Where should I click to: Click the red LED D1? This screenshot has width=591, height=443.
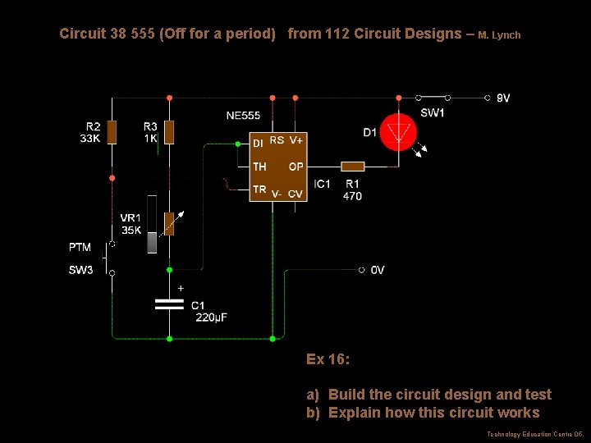pyautogui.click(x=398, y=132)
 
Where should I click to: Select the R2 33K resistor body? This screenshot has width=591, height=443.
pyautogui.click(x=112, y=132)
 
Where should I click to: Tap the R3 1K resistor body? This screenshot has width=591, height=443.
pyautogui.click(x=169, y=132)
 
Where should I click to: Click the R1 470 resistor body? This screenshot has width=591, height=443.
pyautogui.click(x=353, y=167)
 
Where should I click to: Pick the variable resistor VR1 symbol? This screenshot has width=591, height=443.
pyautogui.click(x=170, y=224)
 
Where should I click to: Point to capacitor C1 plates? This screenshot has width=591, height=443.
pyautogui.click(x=169, y=304)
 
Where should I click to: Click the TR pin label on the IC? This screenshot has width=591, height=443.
pyautogui.click(x=259, y=190)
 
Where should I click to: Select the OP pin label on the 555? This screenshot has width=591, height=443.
pyautogui.click(x=295, y=167)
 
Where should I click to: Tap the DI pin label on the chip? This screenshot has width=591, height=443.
pyautogui.click(x=258, y=144)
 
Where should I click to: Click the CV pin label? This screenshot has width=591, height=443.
pyautogui.click(x=295, y=194)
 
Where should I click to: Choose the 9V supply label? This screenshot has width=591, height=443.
pyautogui.click(x=503, y=98)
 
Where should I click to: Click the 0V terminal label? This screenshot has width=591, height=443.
pyautogui.click(x=378, y=270)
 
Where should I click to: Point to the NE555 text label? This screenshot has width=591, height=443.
pyautogui.click(x=243, y=116)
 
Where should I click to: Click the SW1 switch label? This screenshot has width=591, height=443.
pyautogui.click(x=433, y=112)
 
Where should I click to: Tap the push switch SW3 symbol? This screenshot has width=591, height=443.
pyautogui.click(x=108, y=258)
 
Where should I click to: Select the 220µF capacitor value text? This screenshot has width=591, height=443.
pyautogui.click(x=212, y=317)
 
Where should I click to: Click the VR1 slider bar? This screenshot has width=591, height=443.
pyautogui.click(x=152, y=225)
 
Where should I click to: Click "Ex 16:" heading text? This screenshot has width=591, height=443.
pyautogui.click(x=328, y=359)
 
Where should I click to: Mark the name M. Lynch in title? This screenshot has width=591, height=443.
pyautogui.click(x=499, y=35)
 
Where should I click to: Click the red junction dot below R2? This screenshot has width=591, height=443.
pyautogui.click(x=112, y=178)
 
